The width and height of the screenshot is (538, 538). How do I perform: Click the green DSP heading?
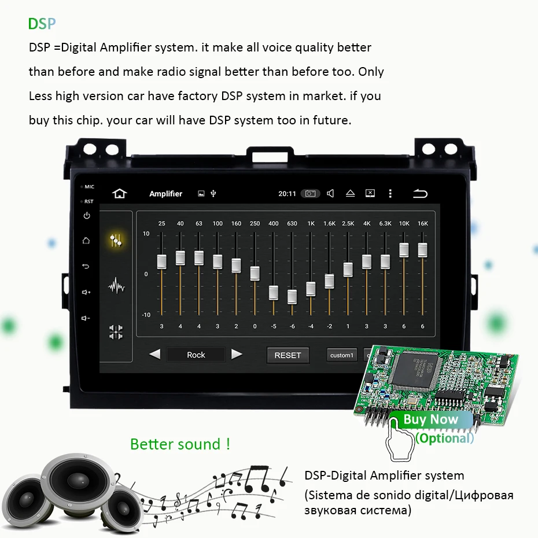click(x=42, y=24)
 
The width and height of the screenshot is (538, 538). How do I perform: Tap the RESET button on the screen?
click(x=288, y=355)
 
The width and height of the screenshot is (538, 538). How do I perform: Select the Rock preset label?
click(x=196, y=355)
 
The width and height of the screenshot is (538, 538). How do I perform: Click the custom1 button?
click(x=341, y=355)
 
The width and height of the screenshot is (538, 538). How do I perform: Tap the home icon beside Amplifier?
click(x=119, y=194)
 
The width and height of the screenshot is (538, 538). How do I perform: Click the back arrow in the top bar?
click(x=420, y=194)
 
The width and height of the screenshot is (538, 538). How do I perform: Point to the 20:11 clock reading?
click(x=287, y=194)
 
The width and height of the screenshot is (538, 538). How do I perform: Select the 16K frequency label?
click(x=422, y=223)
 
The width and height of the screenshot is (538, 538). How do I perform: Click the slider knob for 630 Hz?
click(x=292, y=297)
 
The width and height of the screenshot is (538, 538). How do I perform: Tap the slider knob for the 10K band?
click(x=404, y=250)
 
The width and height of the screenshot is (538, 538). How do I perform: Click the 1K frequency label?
click(x=311, y=223)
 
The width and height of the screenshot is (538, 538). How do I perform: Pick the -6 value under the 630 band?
click(x=292, y=326)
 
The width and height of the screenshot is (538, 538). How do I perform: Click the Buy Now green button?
click(x=430, y=419)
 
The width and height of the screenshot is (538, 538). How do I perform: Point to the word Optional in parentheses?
click(x=444, y=438)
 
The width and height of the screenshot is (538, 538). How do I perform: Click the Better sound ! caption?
click(x=180, y=444)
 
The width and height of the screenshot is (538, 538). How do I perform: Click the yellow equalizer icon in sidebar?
click(x=116, y=241)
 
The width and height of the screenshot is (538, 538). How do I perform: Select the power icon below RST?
click(x=86, y=216)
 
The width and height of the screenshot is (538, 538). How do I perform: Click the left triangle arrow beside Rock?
click(x=154, y=354)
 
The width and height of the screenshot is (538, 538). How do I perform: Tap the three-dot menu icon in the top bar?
click(x=390, y=194)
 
